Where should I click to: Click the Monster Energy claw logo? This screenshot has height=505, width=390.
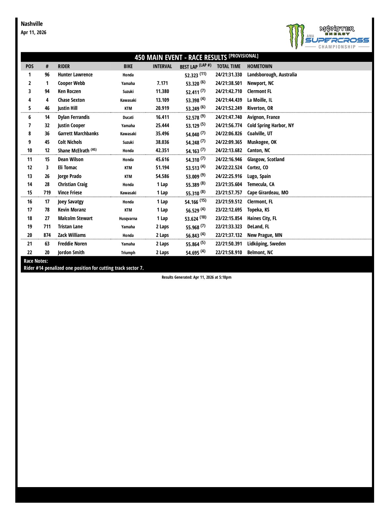click(295, 35)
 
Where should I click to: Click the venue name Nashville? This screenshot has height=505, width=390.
click(32, 24)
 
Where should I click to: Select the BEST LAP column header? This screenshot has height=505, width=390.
click(195, 66)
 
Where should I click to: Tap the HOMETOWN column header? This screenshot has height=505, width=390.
click(260, 66)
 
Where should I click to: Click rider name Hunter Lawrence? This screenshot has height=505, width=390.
click(75, 75)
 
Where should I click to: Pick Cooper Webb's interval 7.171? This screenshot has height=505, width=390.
click(162, 83)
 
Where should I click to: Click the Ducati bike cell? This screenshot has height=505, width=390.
click(128, 117)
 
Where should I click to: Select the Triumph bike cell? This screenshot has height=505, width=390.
click(128, 252)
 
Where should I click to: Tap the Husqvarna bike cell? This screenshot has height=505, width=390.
click(128, 219)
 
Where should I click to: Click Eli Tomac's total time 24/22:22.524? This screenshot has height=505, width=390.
click(228, 168)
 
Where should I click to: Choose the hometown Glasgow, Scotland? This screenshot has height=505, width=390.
click(266, 159)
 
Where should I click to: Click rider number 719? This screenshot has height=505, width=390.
click(47, 193)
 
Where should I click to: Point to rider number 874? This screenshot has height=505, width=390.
click(47, 235)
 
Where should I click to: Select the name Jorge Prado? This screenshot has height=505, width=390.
click(70, 176)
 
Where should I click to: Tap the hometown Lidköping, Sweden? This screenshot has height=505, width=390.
click(266, 244)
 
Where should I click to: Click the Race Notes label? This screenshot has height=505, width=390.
click(36, 261)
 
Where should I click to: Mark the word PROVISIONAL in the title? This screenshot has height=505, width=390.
click(243, 56)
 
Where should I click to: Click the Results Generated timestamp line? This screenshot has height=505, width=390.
click(196, 277)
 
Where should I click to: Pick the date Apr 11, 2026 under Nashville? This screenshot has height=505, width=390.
click(33, 32)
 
